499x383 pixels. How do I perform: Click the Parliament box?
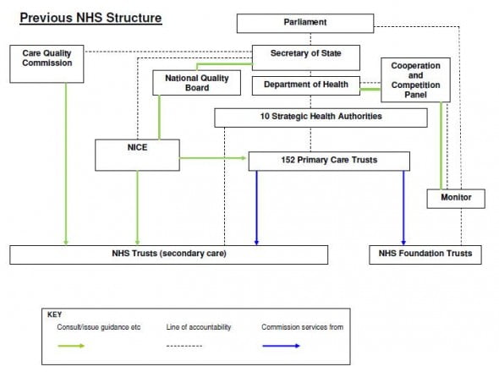pos(305,23)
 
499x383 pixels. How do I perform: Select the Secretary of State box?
pos(306,57)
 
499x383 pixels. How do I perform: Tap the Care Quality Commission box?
pos(47,64)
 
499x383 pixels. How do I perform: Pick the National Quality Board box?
pos(197,83)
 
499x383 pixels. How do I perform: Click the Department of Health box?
pos(306,85)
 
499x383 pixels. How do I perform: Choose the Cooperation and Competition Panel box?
pos(415,79)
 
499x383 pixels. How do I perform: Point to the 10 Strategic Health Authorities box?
pos(321,118)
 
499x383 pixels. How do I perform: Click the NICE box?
pos(137,155)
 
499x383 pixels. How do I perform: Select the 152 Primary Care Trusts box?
pos(329,161)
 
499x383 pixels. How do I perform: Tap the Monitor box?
pos(456,199)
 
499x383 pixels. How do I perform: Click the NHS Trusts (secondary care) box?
pos(168,254)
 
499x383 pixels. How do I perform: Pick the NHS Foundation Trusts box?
pos(425,254)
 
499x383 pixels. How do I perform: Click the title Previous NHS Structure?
pos(90,18)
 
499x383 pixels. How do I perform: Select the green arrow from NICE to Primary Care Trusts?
pos(213,158)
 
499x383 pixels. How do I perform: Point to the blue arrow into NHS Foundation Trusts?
pos(403,208)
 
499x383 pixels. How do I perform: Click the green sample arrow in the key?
pos(71,346)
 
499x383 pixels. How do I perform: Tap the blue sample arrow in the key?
pos(282,346)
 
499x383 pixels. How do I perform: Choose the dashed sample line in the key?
pos(184,346)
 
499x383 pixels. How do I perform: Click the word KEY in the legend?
pos(54,315)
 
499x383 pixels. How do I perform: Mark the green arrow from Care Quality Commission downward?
pos(66,164)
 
